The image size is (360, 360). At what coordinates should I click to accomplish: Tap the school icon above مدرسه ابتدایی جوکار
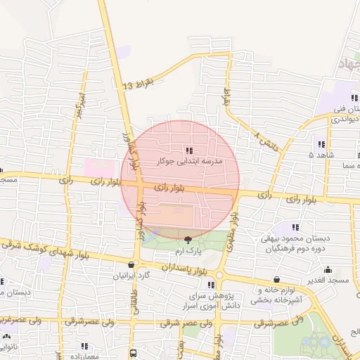(189, 150)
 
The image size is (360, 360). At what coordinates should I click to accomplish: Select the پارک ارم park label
(188, 250)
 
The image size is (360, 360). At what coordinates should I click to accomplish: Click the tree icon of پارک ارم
(187, 240)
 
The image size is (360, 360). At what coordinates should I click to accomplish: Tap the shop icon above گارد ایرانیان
(131, 264)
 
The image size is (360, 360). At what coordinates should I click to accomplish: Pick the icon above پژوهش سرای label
(211, 285)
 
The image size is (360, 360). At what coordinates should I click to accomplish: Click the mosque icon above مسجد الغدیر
(328, 269)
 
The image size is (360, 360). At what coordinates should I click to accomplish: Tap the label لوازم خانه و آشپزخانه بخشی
(278, 294)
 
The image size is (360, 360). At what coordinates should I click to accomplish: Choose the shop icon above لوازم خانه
(276, 279)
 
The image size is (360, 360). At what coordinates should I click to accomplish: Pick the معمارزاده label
(82, 356)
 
